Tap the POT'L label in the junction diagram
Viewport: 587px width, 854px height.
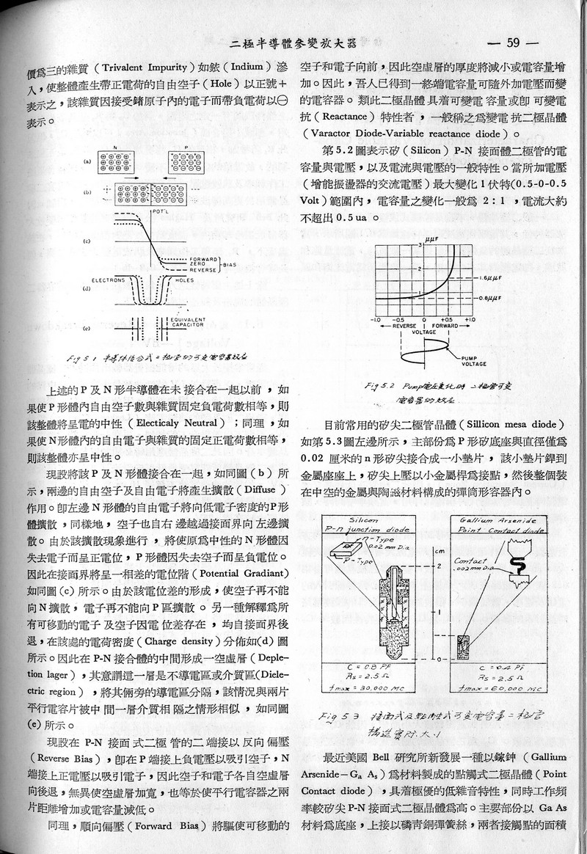(155, 212)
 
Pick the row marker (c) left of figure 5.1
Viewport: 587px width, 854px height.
(87, 241)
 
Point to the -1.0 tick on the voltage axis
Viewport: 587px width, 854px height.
(376, 319)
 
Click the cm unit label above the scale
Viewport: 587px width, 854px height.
(437, 549)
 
